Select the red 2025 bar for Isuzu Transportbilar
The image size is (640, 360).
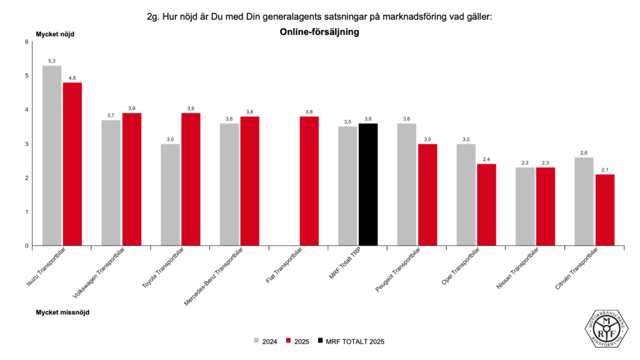pos(72,164)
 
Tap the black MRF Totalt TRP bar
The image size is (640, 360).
pos(368,184)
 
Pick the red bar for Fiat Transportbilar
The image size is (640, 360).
pos(309,181)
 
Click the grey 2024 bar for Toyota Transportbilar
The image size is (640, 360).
pos(170,194)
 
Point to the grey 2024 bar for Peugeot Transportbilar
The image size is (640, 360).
pos(407,184)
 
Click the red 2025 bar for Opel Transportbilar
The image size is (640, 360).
pos(486,204)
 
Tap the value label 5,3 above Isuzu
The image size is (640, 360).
pos(52,61)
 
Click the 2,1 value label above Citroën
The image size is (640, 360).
pos(604,170)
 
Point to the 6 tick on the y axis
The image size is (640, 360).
pos(27,42)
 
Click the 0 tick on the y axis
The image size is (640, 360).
pos(27,246)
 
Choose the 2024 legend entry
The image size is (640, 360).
pos(266,341)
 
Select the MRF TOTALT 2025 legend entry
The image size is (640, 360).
pos(350,341)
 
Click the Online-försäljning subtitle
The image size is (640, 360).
pos(319,32)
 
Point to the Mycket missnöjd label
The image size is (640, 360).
pos(62,312)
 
